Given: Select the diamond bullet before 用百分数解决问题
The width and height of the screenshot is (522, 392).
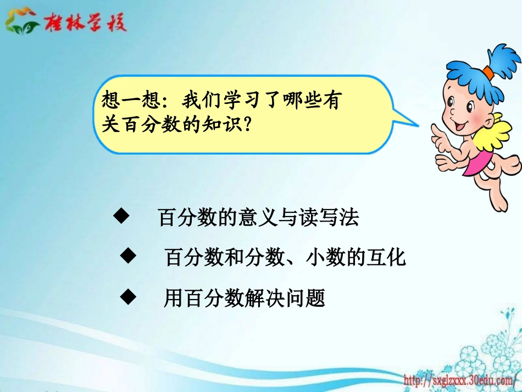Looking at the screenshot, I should coord(127,297).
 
